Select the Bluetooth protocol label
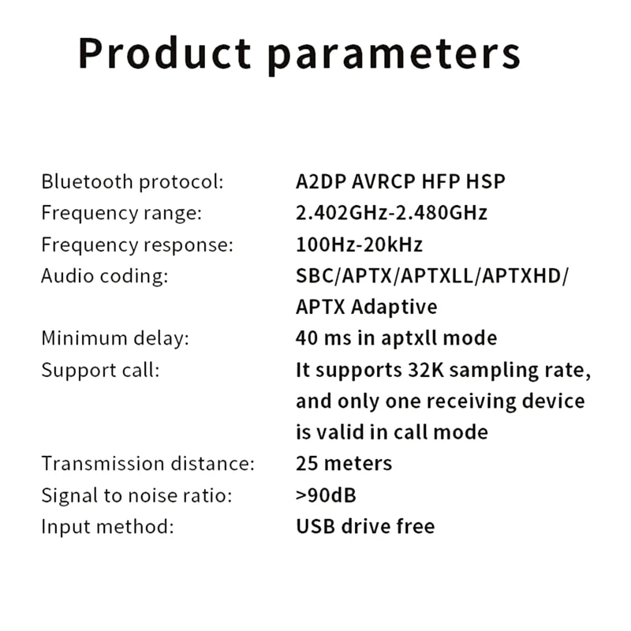[133, 181]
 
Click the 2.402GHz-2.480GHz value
[391, 213]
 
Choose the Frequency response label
[137, 245]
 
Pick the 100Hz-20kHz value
[359, 245]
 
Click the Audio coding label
[104, 276]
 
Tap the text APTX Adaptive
[366, 307]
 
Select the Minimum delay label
[115, 338]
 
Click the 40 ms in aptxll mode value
[396, 338]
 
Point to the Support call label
[100, 369]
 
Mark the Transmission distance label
[147, 463]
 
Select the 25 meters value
[344, 463]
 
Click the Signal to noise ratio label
[136, 495]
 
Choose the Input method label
[107, 526]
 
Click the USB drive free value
[365, 526]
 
